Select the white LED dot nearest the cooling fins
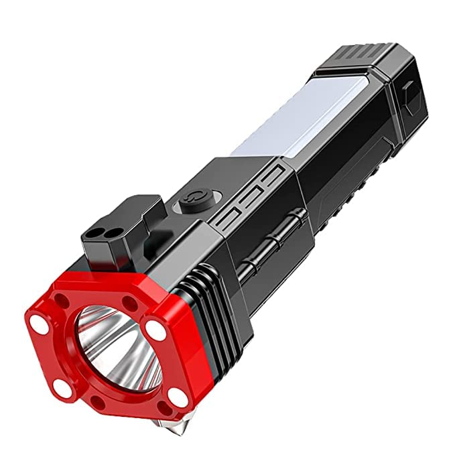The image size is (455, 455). (155, 329)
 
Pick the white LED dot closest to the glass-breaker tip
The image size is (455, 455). (178, 397)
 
